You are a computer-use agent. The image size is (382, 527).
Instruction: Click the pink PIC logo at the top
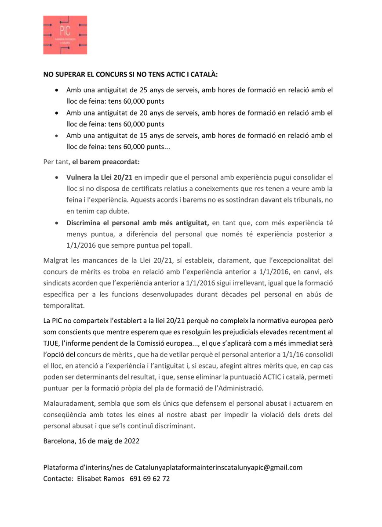pyautogui.click(x=65, y=35)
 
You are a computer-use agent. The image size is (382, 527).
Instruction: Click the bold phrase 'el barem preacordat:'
pyautogui.click(x=106, y=162)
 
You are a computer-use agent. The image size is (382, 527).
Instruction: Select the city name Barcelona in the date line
pyautogui.click(x=59, y=441)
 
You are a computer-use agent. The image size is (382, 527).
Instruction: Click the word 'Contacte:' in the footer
pyautogui.click(x=58, y=479)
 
